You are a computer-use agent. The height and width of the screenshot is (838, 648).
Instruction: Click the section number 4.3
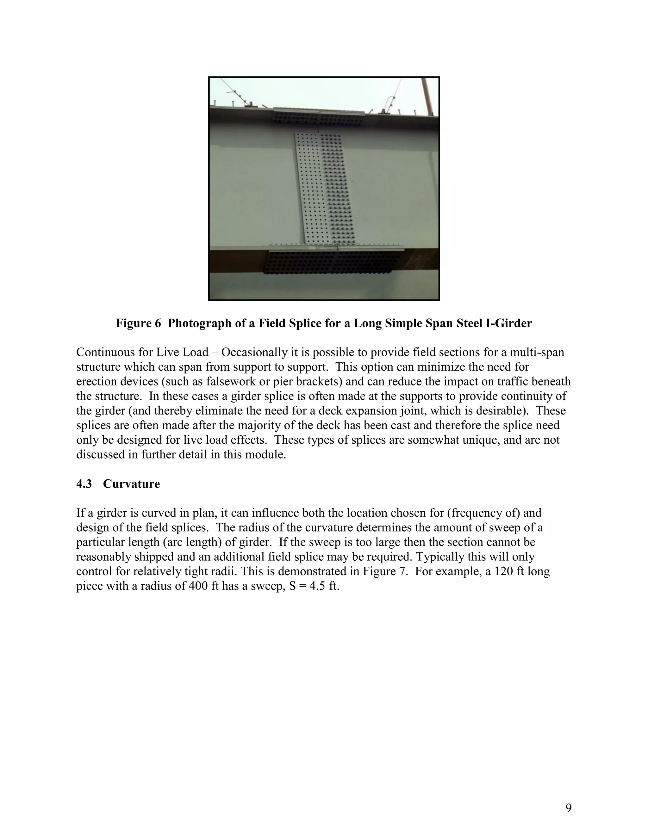[x=84, y=484]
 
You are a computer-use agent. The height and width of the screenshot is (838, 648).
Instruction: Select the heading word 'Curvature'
[x=131, y=484]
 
